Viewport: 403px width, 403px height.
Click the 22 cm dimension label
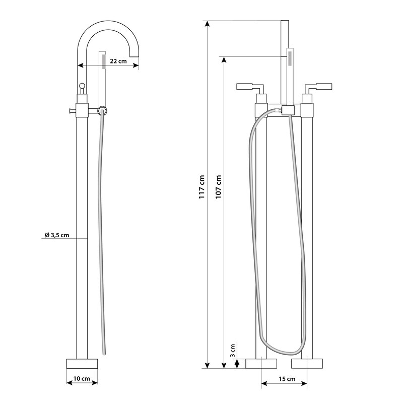coord(118,61)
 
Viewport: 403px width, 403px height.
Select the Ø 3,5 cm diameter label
coord(57,235)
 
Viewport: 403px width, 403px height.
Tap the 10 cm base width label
coord(82,379)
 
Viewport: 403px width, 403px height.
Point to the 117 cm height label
coord(202,187)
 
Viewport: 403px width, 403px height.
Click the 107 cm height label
coord(218,187)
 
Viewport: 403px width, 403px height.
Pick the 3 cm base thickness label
coord(232,351)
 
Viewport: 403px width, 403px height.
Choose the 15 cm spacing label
coord(287,379)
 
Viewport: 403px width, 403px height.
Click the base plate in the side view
coord(82,364)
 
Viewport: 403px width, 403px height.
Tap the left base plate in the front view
coord(261,364)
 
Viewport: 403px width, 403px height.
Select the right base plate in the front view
coord(307,364)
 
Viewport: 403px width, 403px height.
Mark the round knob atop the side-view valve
coord(82,86)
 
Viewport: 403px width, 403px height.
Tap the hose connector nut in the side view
coord(103,111)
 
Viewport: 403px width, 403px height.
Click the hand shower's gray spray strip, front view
coord(290,58)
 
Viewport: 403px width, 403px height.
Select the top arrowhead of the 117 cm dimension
coord(208,24)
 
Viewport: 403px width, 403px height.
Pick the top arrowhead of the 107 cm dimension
coord(224,59)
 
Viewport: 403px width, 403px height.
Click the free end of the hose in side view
coord(104,354)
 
